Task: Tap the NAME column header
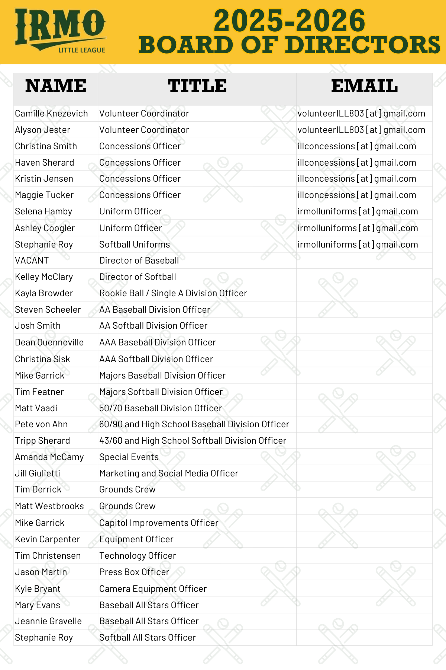tap(56, 86)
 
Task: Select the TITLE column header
tap(197, 86)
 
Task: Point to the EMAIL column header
tap(364, 86)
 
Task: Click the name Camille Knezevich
tap(51, 114)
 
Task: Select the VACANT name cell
tap(32, 261)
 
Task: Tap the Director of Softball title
tap(138, 277)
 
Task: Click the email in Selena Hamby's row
tap(358, 211)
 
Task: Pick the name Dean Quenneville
tap(49, 342)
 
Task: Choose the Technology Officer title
tap(138, 556)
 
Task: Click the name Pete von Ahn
tap(41, 424)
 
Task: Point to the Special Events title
tap(129, 457)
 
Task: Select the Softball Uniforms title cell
tap(135, 245)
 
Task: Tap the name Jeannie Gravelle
tap(48, 621)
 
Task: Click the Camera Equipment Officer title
tap(153, 589)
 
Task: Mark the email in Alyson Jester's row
tap(361, 130)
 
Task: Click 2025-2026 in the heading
tap(290, 21)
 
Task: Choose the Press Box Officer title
tap(134, 572)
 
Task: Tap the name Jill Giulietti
tap(38, 473)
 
